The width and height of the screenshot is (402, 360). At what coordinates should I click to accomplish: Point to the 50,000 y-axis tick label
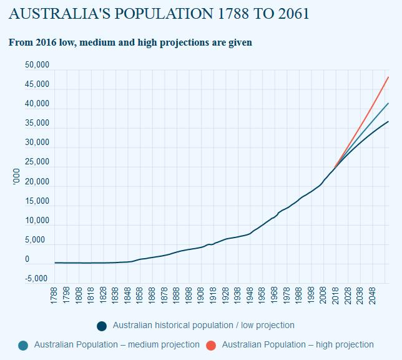pos(37,66)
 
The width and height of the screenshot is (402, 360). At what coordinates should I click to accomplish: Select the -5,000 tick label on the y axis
pos(37,279)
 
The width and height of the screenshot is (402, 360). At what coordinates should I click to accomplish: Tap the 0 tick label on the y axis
pos(27,259)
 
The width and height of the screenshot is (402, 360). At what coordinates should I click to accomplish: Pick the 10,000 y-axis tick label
pos(37,221)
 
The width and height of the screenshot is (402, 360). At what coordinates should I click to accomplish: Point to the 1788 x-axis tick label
pos(54,296)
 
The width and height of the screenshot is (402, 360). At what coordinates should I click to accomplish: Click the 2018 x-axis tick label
pos(335,296)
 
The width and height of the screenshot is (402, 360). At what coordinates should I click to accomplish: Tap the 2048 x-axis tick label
pos(372,296)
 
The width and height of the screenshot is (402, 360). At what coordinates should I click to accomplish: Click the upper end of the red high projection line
pos(388,77)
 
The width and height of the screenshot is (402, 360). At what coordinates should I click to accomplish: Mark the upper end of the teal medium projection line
pos(388,103)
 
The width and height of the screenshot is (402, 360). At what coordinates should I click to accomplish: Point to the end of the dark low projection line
pos(388,121)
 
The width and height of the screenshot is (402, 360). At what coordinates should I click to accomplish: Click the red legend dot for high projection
pos(211,345)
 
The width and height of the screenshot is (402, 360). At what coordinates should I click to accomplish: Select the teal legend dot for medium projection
pos(23,345)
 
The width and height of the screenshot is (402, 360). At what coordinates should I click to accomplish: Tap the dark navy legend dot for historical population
pos(102,326)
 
